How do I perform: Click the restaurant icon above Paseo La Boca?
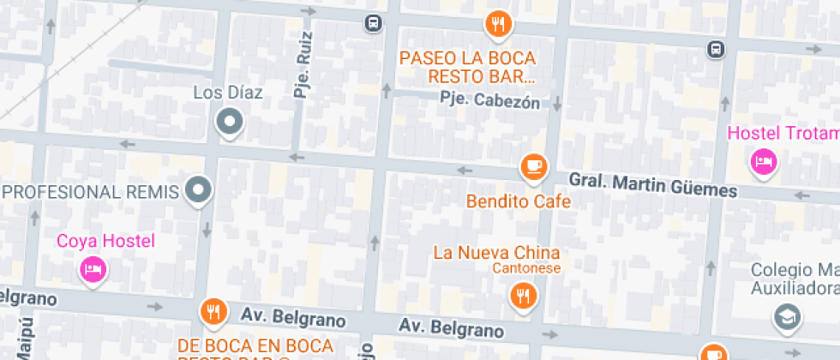(x=498, y=24)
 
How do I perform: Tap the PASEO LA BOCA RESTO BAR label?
(x=467, y=68)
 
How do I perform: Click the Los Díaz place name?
(x=228, y=93)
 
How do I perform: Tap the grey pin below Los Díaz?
(x=230, y=123)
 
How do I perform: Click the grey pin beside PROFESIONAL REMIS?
(x=200, y=190)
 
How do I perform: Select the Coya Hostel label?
(x=93, y=241)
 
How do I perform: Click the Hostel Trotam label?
(x=783, y=133)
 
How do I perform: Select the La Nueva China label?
(x=496, y=253)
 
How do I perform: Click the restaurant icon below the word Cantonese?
(x=522, y=297)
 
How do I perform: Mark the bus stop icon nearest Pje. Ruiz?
(x=373, y=23)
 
